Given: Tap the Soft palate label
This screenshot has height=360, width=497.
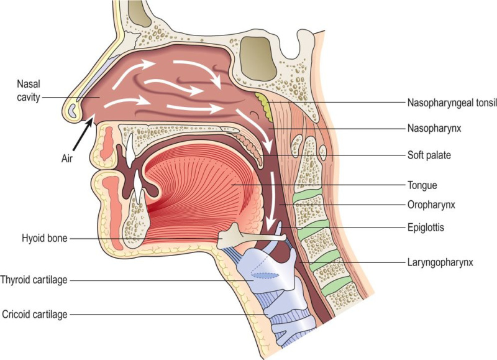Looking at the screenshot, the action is tap(428, 155).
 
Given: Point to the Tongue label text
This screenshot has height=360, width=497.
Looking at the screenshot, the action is tap(421, 185).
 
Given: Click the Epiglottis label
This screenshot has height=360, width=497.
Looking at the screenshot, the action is tap(426, 228).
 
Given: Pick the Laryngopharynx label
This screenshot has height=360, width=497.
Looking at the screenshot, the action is tap(440, 263).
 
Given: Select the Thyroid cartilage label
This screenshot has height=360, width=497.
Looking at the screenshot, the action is tap(34, 280).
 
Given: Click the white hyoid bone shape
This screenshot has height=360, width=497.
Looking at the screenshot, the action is tap(248, 237).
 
